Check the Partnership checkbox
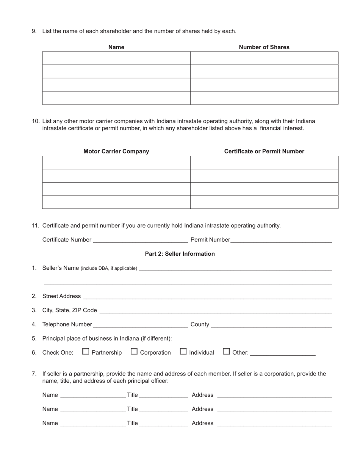click(86, 352)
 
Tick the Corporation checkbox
click(134, 352)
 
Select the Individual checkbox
click(183, 352)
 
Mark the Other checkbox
click(226, 352)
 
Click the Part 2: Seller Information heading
click(180, 254)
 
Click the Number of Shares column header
click(264, 47)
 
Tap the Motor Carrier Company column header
click(116, 152)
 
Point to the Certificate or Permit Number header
click(264, 152)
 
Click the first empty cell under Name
click(116, 58)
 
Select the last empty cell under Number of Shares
click(264, 98)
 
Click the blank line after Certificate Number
click(140, 239)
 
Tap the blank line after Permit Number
click(281, 239)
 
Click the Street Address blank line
click(207, 296)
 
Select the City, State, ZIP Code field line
click(215, 310)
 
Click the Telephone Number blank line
click(140, 324)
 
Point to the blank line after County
click(271, 324)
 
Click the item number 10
click(36, 121)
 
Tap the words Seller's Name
click(60, 268)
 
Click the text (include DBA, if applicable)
click(109, 269)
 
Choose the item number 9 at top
click(34, 31)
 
